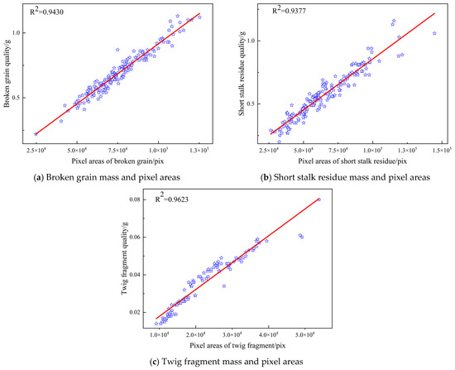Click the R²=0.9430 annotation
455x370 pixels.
coord(47,12)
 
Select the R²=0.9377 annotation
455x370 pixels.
coord(289,10)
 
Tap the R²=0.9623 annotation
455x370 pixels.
coord(171,199)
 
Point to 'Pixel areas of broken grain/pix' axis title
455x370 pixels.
coord(117,161)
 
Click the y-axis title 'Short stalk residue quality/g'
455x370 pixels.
coord(242,74)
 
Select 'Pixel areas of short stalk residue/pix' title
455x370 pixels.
coord(352,161)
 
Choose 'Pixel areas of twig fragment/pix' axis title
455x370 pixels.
coord(237,346)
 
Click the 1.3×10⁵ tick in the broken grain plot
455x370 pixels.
coord(199,150)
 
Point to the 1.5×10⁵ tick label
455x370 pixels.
coord(443,150)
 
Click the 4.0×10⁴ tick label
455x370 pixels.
coord(269,334)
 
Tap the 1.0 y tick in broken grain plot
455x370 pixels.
coord(16,33)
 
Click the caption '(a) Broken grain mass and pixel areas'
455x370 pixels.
coord(107,177)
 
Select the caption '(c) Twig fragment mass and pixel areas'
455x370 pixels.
coord(227,362)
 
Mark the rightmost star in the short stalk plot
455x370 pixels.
coord(434,33)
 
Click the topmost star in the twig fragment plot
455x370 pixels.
coord(319,199)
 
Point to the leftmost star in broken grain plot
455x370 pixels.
coord(36,134)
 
